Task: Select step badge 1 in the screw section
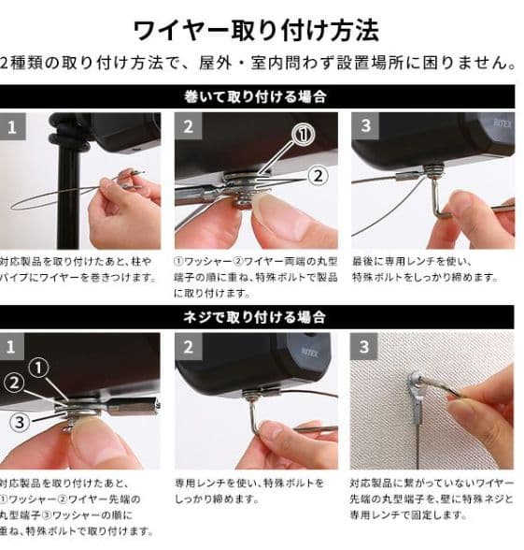click(x=12, y=347)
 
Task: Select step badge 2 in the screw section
click(x=189, y=347)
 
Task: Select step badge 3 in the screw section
click(x=365, y=347)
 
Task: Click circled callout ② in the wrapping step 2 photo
click(x=318, y=174)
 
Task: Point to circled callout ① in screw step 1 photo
click(x=37, y=368)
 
